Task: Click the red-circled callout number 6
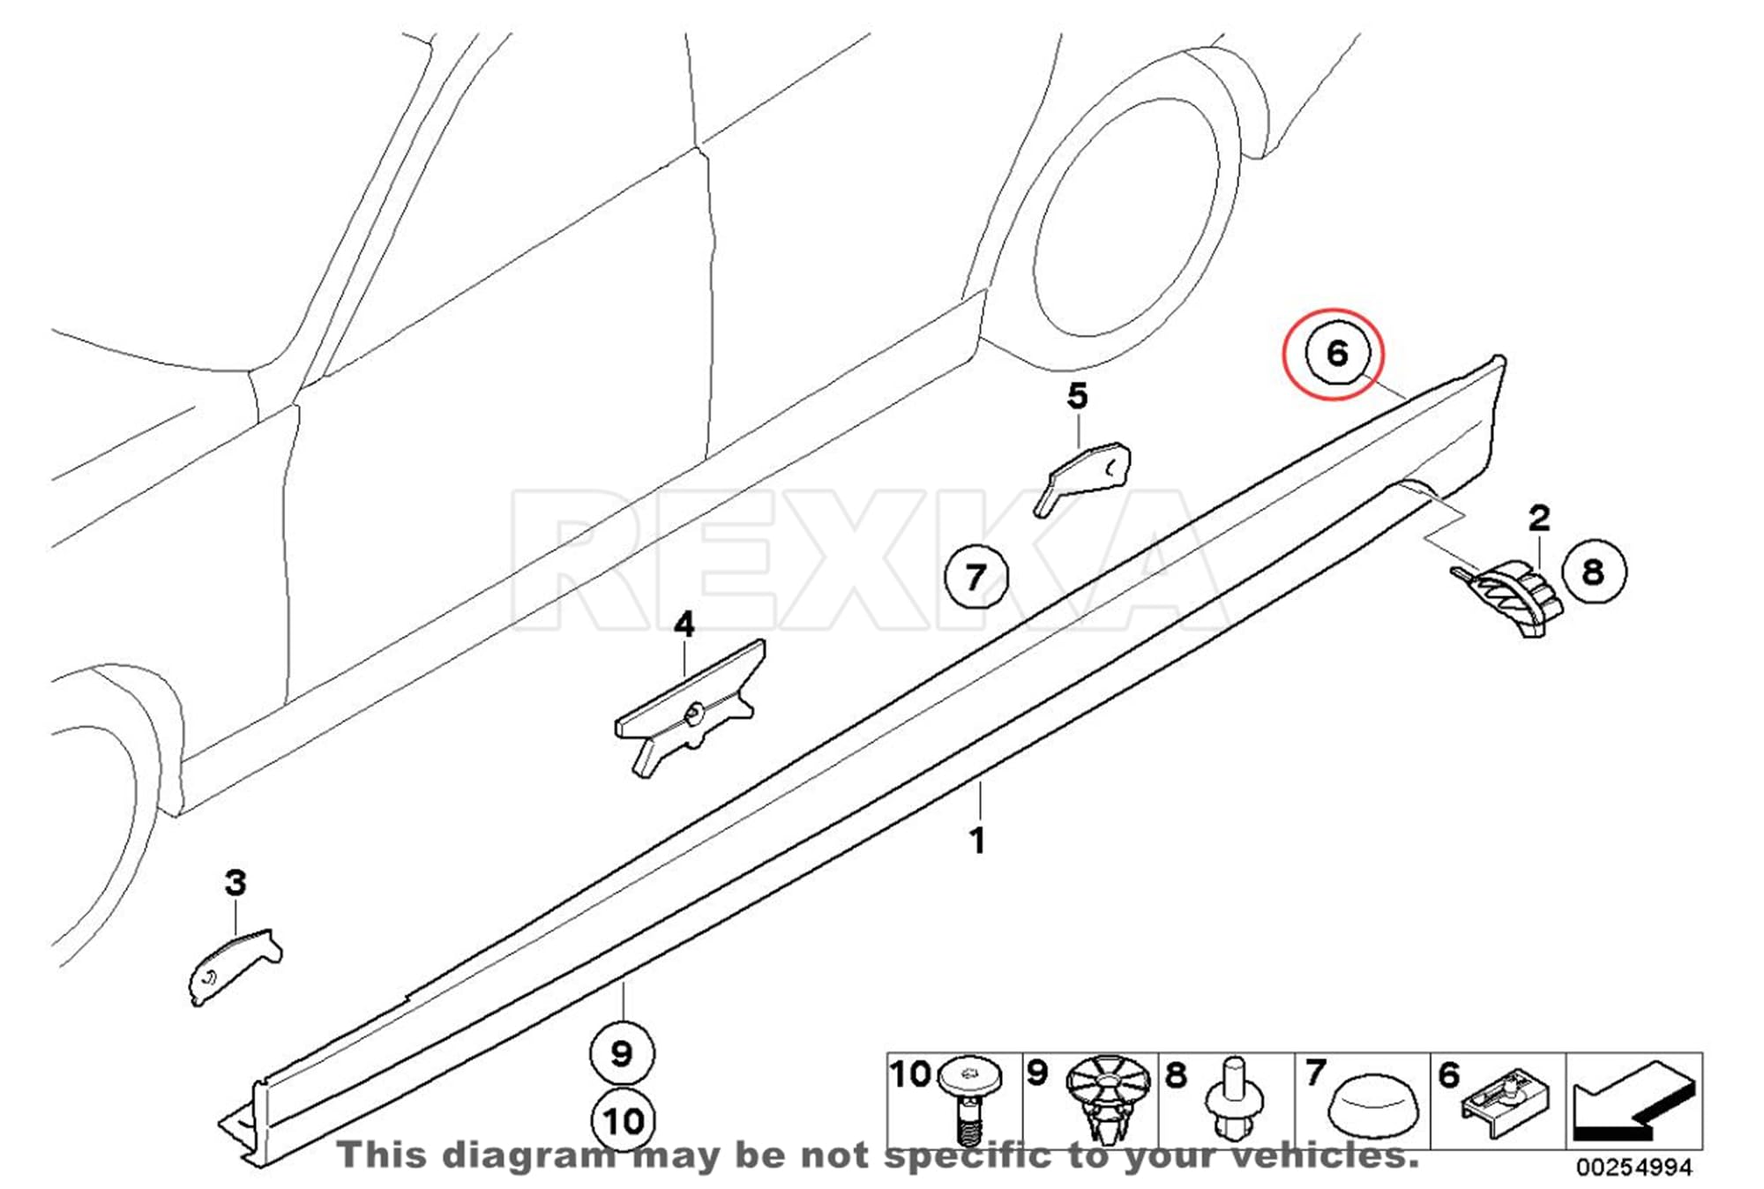1337,354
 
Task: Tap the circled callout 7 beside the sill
975,578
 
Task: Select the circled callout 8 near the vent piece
1594,572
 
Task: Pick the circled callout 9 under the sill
622,1053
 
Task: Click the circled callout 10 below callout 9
623,1120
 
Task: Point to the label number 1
977,841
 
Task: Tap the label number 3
235,883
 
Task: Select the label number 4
684,625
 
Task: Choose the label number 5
1077,397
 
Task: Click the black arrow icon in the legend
1633,1102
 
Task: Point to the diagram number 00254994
1634,1168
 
